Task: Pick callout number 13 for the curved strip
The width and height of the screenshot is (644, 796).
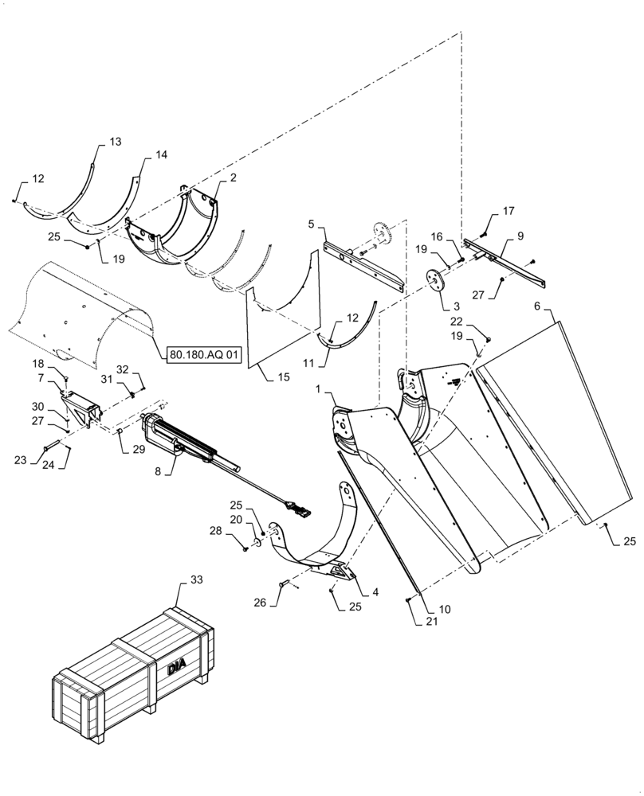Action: pyautogui.click(x=116, y=142)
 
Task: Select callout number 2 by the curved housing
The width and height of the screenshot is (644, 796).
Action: pyautogui.click(x=233, y=178)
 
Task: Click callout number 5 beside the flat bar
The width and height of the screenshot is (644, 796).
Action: pyautogui.click(x=312, y=224)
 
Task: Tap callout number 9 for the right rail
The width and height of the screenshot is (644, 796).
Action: pyautogui.click(x=520, y=236)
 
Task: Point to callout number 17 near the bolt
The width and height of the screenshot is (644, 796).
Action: pyautogui.click(x=509, y=211)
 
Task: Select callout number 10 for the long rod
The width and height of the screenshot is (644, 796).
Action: pyautogui.click(x=445, y=609)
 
